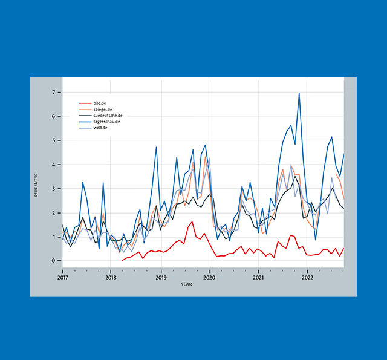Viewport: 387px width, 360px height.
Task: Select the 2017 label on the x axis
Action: [x=62, y=278]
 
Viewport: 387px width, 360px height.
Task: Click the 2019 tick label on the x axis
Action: [x=161, y=278]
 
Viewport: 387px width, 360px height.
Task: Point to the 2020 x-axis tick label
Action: [x=209, y=278]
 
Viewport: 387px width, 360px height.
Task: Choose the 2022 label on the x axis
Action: [x=307, y=278]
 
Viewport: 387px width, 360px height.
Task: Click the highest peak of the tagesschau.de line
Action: [x=299, y=93]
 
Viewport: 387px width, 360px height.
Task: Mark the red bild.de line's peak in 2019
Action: [x=192, y=221]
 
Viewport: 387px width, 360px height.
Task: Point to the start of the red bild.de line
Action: [x=122, y=260]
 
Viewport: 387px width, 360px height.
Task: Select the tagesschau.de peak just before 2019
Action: [x=157, y=147]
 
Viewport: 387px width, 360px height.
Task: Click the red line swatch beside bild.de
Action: [x=85, y=103]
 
